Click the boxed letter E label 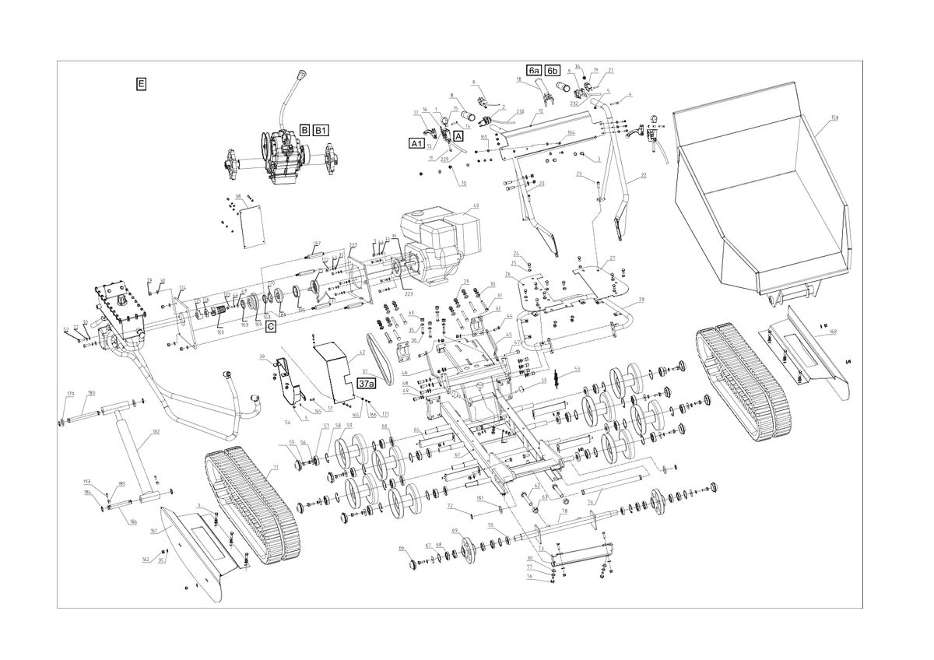point(141,83)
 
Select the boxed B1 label point(322,130)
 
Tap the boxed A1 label point(416,143)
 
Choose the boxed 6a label point(534,71)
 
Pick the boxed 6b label point(552,71)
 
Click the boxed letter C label point(270,328)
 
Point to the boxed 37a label point(366,383)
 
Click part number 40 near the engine point(476,206)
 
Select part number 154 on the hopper point(834,118)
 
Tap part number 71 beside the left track point(276,468)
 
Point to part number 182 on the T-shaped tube point(156,431)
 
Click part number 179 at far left point(70,393)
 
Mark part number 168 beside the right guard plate point(833,332)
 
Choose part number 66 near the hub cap point(402,549)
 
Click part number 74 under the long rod point(590,503)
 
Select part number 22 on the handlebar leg point(644,177)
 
